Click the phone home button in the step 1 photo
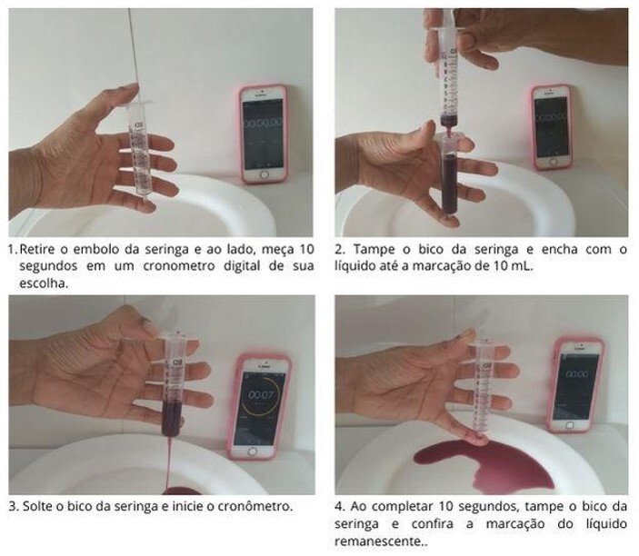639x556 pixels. coord(264,174)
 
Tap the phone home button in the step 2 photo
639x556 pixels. coord(553,162)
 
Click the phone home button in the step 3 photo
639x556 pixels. coord(253,452)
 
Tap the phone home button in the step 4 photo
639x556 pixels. coord(570,425)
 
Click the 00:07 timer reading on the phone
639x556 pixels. coord(260,394)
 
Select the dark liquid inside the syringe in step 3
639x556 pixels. coord(171,417)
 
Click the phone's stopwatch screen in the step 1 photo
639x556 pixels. coord(264,134)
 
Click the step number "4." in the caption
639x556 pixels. coord(340,506)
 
